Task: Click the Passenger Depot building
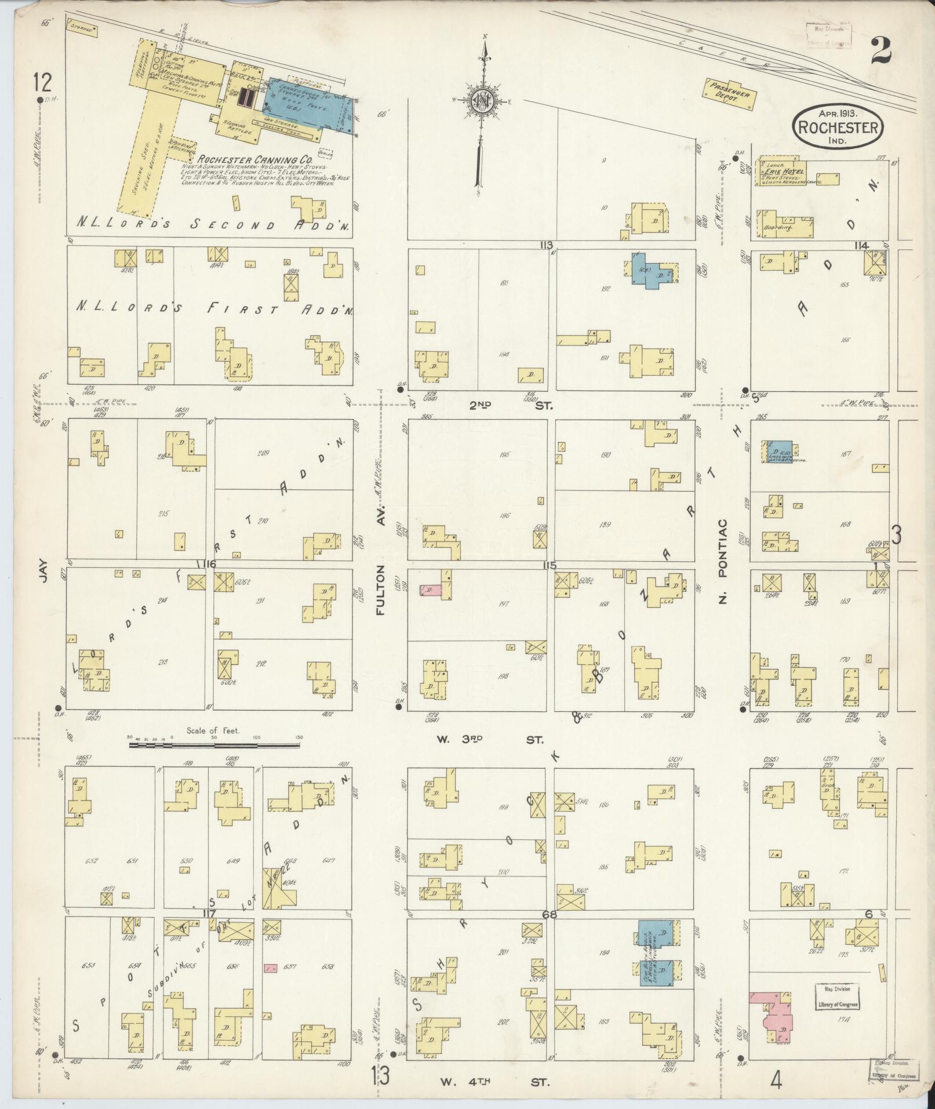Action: [x=732, y=93]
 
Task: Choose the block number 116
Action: [x=206, y=565]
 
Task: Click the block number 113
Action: [x=546, y=245]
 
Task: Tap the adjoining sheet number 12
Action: [x=42, y=83]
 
